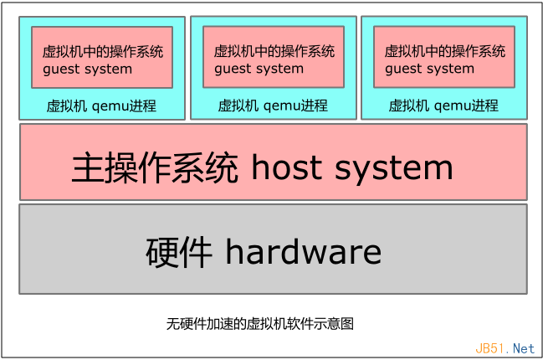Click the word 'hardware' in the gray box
(303, 251)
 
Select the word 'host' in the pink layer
(285, 168)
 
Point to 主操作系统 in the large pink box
(156, 168)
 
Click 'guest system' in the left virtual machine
(87, 69)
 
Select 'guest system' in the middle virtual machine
(259, 69)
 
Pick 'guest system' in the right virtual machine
(429, 69)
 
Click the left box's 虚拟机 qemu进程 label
(101, 106)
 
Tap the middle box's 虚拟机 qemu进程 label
(273, 106)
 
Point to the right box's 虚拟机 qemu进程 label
(443, 106)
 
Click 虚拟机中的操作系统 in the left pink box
(103, 52)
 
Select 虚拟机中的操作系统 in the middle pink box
(274, 52)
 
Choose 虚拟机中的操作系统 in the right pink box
(445, 52)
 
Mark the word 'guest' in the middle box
(233, 69)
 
